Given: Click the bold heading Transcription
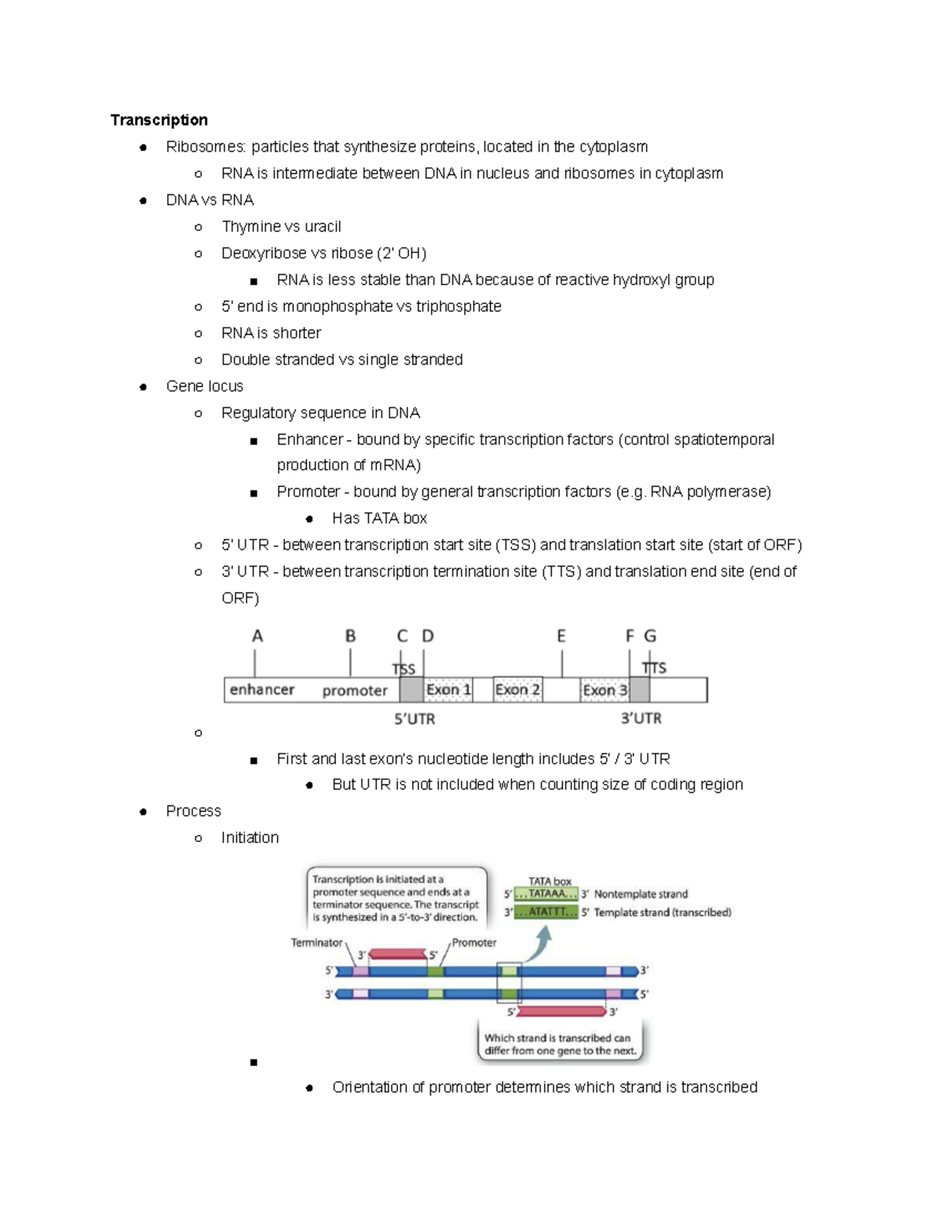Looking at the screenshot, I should point(159,120).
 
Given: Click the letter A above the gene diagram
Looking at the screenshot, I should point(257,636).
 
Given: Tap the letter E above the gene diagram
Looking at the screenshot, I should point(561,636).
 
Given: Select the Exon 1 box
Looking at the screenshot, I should point(448,690).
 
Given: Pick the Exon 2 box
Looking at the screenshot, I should point(517,690).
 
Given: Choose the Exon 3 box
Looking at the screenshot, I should point(604,690).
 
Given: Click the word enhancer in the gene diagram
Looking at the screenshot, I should point(261,690).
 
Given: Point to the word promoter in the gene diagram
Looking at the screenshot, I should point(355,691).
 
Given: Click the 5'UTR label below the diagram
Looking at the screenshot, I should point(414,719).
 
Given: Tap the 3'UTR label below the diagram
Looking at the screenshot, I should point(641,719).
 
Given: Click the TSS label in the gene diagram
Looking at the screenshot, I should point(403,669).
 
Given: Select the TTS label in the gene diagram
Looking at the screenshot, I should point(654,668).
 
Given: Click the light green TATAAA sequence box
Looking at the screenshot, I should point(546,894).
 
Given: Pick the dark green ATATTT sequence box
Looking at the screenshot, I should point(546,912).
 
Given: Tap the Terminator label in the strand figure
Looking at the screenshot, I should point(316,943).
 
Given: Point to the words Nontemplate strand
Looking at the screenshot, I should point(641,894).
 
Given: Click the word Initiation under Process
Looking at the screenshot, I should point(250,837).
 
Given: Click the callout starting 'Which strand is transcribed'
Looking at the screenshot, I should point(560,1044).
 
